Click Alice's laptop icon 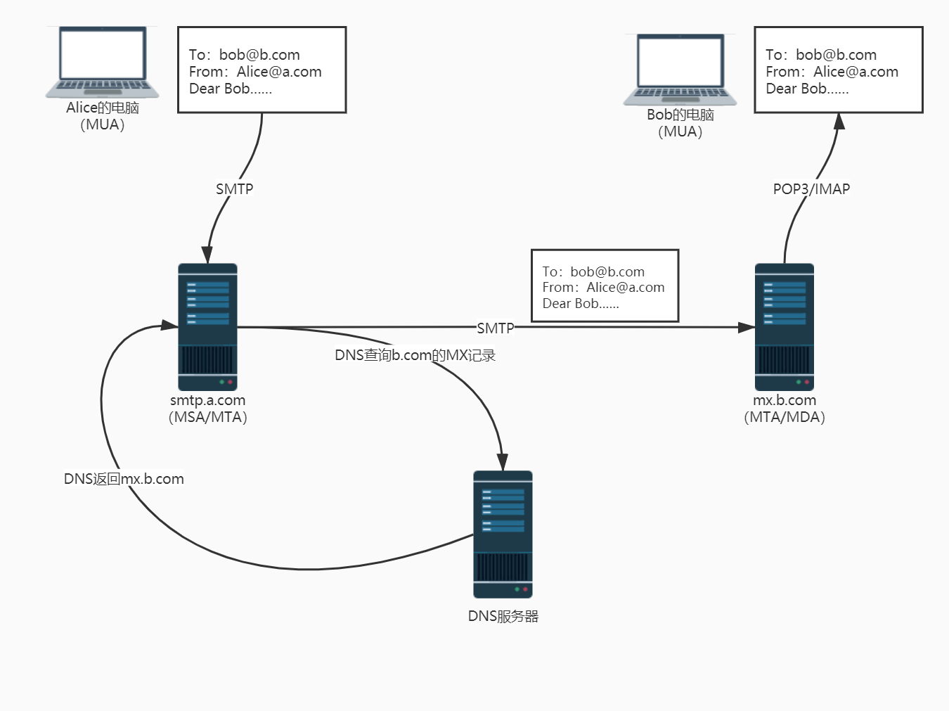(x=103, y=62)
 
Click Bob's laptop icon (x=680, y=69)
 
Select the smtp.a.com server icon (x=207, y=327)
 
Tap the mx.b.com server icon (x=784, y=327)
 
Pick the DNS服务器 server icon (x=503, y=534)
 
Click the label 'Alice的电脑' (x=103, y=108)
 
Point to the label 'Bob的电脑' (x=680, y=115)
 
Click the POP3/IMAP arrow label (x=811, y=189)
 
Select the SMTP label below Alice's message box (x=234, y=189)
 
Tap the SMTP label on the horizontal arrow (x=495, y=328)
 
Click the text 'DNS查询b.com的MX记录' (x=415, y=355)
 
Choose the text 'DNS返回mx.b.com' (x=124, y=479)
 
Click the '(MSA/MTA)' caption (x=208, y=417)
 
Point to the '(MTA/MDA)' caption (x=785, y=417)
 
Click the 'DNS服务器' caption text (x=503, y=616)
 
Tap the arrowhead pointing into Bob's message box (x=839, y=122)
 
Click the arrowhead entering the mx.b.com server (x=747, y=327)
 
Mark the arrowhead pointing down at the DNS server (x=503, y=462)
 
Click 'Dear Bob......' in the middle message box (x=581, y=304)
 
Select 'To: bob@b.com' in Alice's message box (x=244, y=55)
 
